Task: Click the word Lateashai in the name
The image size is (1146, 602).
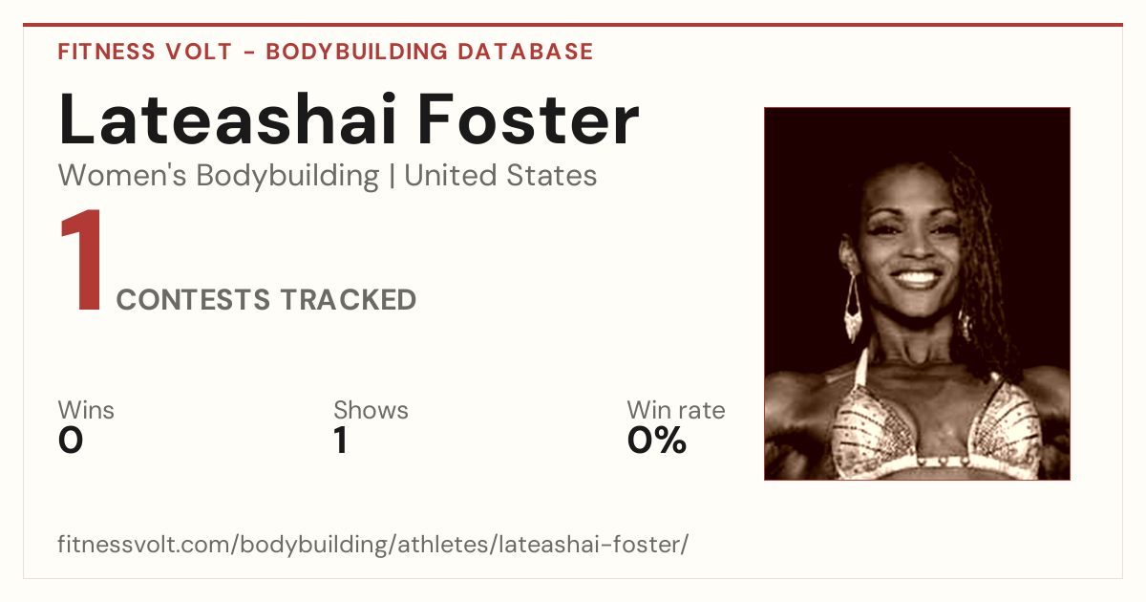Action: tap(227, 118)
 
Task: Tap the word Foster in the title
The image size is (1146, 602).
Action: tap(529, 118)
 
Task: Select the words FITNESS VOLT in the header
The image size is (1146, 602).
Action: tap(145, 52)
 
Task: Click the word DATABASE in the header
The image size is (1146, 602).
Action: tap(525, 52)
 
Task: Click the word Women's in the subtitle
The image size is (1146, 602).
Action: tap(122, 175)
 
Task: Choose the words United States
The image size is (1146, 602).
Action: tap(500, 175)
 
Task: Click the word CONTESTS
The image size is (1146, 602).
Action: tap(193, 299)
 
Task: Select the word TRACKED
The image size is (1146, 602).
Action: tap(349, 299)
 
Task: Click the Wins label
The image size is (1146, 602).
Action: tap(86, 410)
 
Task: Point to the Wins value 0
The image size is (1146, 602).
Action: tap(71, 441)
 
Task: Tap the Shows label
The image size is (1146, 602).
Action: tap(371, 410)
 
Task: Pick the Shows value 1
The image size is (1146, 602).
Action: tap(341, 441)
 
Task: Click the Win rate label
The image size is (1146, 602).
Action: tap(676, 410)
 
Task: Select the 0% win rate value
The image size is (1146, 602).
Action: tap(657, 441)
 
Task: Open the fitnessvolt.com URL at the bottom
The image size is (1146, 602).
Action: tap(373, 544)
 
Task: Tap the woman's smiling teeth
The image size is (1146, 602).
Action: tap(917, 278)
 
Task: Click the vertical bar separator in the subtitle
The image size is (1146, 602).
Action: tap(392, 176)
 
